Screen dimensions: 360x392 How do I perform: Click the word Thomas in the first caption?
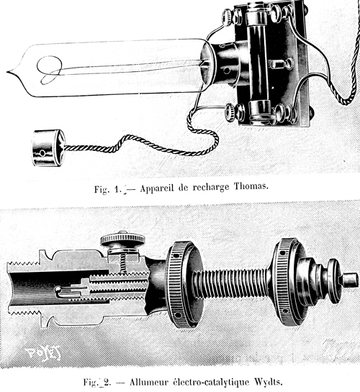coord(251,186)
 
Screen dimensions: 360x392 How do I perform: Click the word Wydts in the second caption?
coord(269,382)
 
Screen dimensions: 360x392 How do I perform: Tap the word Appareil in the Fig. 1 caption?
coord(157,188)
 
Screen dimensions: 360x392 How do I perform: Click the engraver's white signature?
coord(43,352)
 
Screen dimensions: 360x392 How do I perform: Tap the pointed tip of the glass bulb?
coord(7,72)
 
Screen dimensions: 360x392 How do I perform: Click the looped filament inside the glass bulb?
coord(49,70)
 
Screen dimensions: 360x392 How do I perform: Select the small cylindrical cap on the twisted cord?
coord(48,147)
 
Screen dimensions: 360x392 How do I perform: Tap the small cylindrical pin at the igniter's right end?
coord(350,280)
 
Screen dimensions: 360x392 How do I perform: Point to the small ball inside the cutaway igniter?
coord(58,290)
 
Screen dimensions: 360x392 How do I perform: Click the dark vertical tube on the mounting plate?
coord(258,63)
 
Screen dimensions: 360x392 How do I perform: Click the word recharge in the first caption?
coord(211,188)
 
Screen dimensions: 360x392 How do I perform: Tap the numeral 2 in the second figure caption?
coord(107,383)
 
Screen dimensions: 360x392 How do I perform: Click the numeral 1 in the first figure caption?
coord(118,189)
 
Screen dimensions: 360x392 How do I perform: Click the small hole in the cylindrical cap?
coord(42,152)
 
